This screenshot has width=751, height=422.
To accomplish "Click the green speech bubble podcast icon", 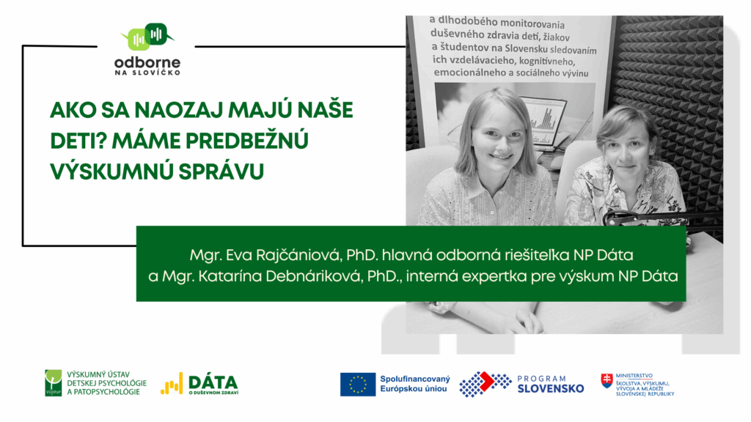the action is [147, 37].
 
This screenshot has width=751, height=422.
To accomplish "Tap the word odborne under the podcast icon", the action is [147, 63].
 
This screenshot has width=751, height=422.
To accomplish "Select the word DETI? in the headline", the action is [78, 141].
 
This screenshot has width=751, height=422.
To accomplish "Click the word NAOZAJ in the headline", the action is [177, 110].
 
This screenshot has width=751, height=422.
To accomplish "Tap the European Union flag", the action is [358, 384].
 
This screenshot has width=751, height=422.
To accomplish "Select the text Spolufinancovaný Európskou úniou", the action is [415, 384].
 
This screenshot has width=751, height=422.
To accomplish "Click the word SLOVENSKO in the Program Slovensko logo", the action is [551, 388].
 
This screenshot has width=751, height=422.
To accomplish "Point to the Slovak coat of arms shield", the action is [607, 381].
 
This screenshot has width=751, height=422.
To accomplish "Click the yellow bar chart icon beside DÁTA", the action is [172, 384].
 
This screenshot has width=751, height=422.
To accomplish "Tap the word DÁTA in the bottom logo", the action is [213, 382].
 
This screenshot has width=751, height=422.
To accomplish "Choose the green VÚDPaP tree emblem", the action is [53, 382].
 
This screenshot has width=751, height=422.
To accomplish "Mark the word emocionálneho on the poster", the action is [470, 73].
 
